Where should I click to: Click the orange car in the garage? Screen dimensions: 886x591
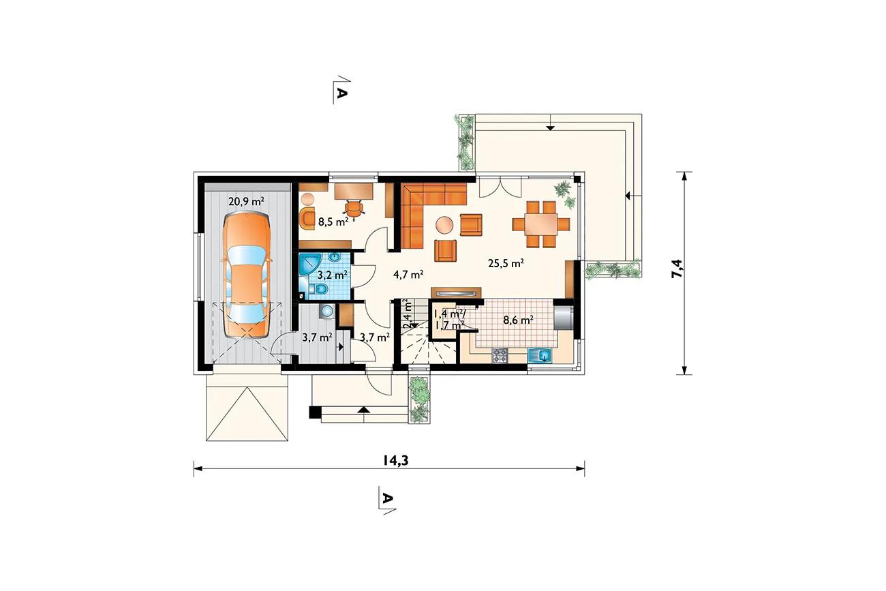click(x=247, y=275)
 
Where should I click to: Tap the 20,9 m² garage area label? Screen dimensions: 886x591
click(x=247, y=201)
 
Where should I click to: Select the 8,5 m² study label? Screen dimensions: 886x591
click(x=333, y=222)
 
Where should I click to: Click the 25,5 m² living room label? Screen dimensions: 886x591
click(x=506, y=263)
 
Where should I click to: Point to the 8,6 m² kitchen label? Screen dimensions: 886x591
click(x=519, y=320)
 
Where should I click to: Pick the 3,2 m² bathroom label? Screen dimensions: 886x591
click(x=333, y=274)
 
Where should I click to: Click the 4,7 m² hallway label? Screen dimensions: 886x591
click(x=409, y=274)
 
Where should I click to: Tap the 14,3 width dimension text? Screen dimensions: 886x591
click(x=395, y=460)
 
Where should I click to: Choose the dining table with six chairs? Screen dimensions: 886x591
click(x=540, y=224)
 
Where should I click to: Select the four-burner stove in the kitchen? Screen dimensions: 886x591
click(x=500, y=356)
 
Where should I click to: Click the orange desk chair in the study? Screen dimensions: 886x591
click(x=353, y=209)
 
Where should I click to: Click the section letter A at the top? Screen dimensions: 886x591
click(x=341, y=93)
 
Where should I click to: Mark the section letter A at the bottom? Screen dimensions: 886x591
click(x=387, y=499)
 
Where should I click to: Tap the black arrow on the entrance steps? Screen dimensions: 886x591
click(x=363, y=410)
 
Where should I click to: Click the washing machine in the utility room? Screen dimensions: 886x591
click(x=327, y=312)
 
